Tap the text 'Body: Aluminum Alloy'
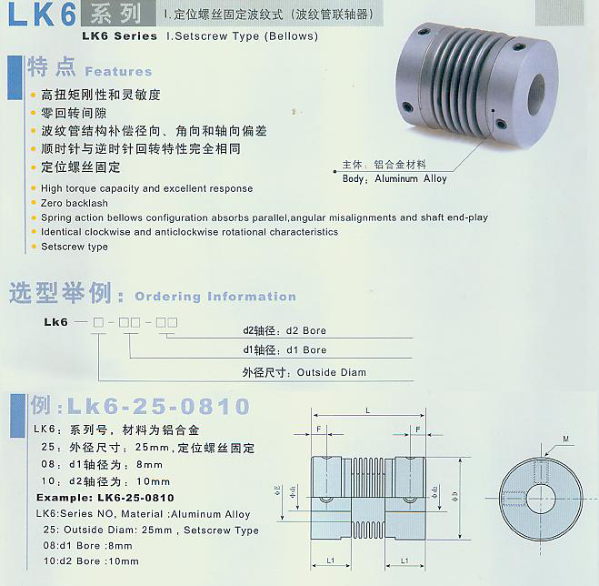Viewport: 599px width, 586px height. [x=394, y=179]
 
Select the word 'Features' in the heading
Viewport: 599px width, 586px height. [x=118, y=71]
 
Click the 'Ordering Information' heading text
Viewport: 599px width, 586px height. [x=215, y=297]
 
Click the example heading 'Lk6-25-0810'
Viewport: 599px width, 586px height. [x=154, y=405]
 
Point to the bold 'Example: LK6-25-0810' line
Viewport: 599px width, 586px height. [x=105, y=499]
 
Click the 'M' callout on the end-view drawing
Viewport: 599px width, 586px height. [x=565, y=439]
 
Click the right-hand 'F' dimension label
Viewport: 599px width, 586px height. [x=417, y=429]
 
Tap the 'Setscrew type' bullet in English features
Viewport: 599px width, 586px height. [x=75, y=247]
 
